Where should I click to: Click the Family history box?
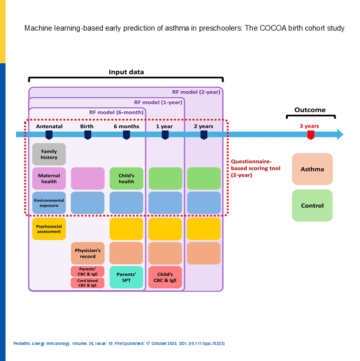(49, 154)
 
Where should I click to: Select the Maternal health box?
(49, 178)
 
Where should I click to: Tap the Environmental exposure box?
(49, 203)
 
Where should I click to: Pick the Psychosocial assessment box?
(49, 229)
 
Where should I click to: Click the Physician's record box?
(88, 253)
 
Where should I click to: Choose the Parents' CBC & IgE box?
(88, 271)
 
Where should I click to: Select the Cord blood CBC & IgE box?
(88, 283)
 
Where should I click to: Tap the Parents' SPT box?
(126, 277)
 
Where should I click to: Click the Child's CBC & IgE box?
(165, 277)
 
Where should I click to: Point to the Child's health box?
(126, 178)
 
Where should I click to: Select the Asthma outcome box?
(312, 169)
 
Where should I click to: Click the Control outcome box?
(312, 206)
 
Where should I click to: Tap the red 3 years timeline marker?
(311, 134)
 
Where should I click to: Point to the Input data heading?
(126, 72)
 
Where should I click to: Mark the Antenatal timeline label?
(49, 126)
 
